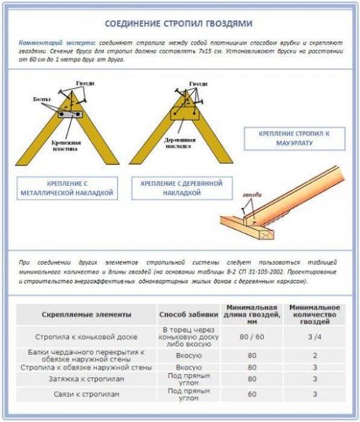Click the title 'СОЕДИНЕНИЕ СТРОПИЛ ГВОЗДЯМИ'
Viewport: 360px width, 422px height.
coord(179,23)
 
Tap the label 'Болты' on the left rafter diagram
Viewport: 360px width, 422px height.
coord(42,99)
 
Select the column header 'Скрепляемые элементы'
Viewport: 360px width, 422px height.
coord(86,315)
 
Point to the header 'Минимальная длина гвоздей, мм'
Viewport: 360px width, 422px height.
coord(251,315)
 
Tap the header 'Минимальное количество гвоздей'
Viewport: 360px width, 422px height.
coord(314,315)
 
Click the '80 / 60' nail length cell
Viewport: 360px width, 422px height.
coord(251,336)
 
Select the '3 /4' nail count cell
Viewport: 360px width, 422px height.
coord(314,336)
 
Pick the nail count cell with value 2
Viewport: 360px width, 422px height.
coord(314,355)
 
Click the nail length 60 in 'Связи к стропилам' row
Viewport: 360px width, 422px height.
coord(251,395)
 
